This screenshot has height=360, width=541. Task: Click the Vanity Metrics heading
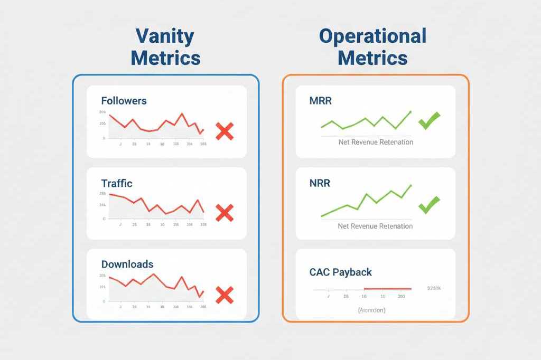click(165, 47)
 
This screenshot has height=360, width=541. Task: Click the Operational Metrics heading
click(372, 47)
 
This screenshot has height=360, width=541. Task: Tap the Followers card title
click(124, 100)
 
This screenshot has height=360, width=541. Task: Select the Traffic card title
click(116, 184)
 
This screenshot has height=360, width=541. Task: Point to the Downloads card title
click(127, 264)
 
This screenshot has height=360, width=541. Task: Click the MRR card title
click(320, 100)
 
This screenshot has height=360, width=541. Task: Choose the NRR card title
click(320, 184)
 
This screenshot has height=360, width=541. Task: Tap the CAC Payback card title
click(340, 272)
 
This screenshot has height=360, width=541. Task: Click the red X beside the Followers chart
click(225, 131)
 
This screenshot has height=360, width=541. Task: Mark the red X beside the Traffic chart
click(225, 213)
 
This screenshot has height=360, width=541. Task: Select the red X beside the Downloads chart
click(225, 295)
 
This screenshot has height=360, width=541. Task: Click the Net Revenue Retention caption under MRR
click(375, 142)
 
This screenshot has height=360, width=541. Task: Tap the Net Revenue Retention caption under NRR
click(375, 226)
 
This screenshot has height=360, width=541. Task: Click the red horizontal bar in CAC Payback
click(387, 289)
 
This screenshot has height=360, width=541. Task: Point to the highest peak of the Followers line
click(182, 113)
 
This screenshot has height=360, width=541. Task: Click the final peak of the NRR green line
click(411, 185)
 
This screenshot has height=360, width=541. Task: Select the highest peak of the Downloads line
click(153, 273)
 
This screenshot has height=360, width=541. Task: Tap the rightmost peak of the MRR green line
click(411, 111)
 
